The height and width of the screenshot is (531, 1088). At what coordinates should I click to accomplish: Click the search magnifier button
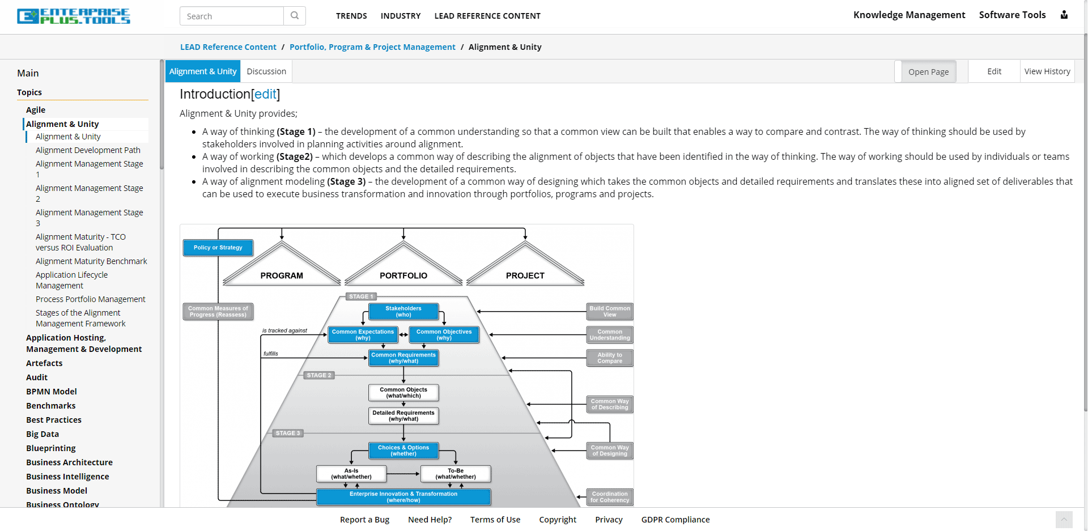(x=295, y=16)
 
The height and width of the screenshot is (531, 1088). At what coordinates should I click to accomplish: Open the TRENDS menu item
(x=351, y=16)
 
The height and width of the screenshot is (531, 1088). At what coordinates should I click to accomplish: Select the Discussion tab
(x=266, y=71)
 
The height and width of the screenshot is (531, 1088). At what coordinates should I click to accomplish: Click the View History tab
(x=1047, y=71)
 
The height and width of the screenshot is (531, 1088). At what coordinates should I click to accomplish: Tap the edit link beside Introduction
(x=265, y=94)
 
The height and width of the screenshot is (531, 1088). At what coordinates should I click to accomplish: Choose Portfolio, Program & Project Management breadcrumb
(x=372, y=47)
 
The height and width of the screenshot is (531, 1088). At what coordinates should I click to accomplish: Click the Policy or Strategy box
(x=218, y=248)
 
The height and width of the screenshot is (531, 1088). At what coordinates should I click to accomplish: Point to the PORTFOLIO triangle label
(x=403, y=275)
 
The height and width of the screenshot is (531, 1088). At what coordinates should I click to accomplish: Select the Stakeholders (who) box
(x=403, y=312)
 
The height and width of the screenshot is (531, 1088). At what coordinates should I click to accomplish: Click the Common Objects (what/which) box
(x=403, y=393)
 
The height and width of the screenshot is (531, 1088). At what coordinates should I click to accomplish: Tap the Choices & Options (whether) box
(x=403, y=451)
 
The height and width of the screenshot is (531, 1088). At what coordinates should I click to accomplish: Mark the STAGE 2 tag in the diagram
(x=319, y=375)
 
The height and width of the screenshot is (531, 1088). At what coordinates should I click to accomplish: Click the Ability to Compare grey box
(x=610, y=358)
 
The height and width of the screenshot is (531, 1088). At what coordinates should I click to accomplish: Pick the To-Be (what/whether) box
(x=456, y=474)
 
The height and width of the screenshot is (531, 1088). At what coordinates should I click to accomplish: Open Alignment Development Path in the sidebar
(x=88, y=150)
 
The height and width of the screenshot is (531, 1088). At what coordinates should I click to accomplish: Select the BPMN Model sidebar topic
(x=52, y=392)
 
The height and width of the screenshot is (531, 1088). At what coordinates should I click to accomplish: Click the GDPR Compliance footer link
(x=675, y=520)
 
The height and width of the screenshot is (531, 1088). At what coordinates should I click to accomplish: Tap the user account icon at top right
(x=1064, y=15)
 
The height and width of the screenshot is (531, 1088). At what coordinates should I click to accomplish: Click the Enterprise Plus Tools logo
(x=74, y=16)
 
